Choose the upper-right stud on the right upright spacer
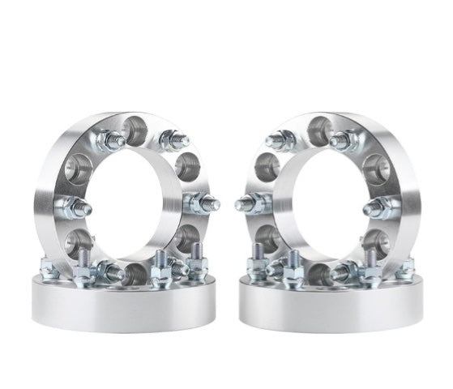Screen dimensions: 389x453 point(340,140)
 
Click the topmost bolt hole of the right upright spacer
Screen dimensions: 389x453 point(319,127)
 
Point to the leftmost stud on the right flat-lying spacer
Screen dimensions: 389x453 point(258,266)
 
